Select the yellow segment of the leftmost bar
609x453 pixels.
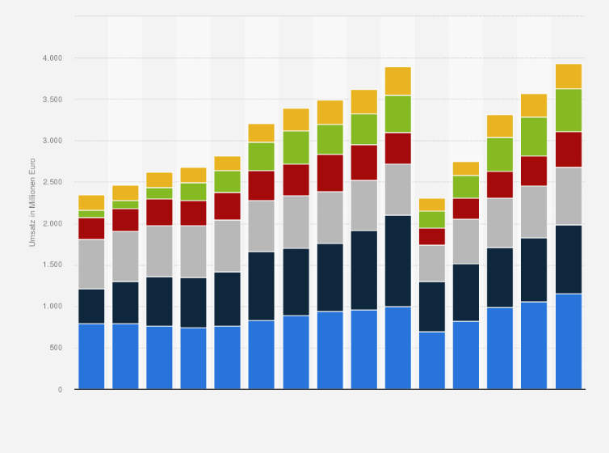pos(91,202)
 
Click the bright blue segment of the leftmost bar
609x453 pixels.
pos(91,356)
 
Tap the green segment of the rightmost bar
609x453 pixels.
pos(569,110)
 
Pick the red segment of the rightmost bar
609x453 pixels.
pos(569,149)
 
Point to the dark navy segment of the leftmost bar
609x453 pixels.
pos(91,306)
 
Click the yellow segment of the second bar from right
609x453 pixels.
pos(534,105)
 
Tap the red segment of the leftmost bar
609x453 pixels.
pos(91,228)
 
